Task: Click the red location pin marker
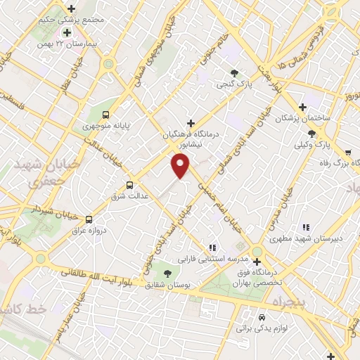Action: coord(181,165)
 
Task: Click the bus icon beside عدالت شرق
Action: coord(129,185)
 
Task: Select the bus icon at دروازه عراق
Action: coord(89,219)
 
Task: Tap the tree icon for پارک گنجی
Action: coord(234,72)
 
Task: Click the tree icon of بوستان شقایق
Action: coord(167,273)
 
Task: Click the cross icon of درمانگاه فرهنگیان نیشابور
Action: coord(190,123)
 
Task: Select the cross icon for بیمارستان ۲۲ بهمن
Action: coord(67,32)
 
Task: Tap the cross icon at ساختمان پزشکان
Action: coord(302,108)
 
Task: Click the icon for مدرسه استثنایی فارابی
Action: coord(212,247)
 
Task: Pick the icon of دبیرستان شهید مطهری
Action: coord(305,227)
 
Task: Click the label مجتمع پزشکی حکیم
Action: coord(67,19)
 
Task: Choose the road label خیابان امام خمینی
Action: coord(219,202)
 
